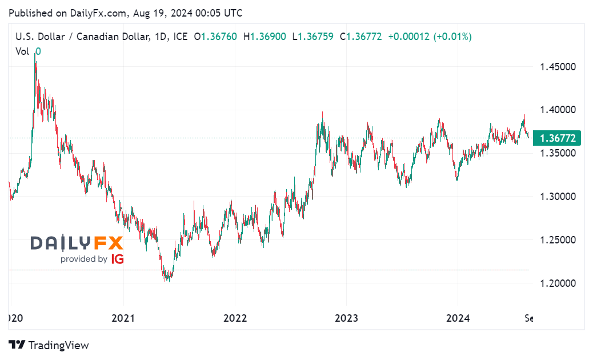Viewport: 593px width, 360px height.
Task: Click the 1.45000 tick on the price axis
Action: (x=557, y=67)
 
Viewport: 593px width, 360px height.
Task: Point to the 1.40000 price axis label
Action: (x=557, y=110)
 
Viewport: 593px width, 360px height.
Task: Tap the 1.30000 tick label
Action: (x=557, y=197)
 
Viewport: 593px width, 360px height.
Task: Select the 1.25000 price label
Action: (x=557, y=240)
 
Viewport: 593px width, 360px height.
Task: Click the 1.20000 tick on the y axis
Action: (x=557, y=283)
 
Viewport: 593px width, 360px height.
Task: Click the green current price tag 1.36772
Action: (x=556, y=138)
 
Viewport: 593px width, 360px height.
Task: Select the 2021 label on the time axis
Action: (x=124, y=318)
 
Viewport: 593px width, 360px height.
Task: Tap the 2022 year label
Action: (x=235, y=318)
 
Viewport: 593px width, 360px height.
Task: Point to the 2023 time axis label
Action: (x=346, y=318)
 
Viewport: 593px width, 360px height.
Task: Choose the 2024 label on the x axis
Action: (x=458, y=318)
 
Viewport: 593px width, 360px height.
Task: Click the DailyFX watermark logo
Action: (x=77, y=243)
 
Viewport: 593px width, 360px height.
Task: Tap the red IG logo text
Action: (x=117, y=259)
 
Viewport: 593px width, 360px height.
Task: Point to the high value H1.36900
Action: (x=265, y=37)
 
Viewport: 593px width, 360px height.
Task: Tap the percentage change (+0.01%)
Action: (x=453, y=37)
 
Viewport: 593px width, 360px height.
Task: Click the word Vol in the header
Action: (x=22, y=51)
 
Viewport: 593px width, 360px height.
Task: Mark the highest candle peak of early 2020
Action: (x=35, y=53)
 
